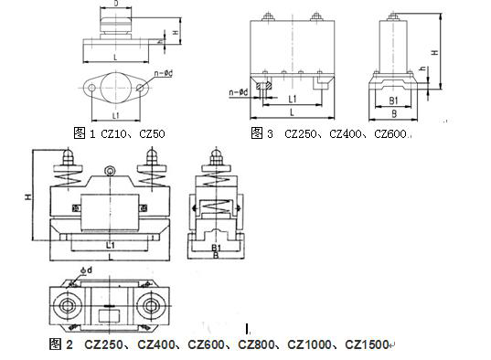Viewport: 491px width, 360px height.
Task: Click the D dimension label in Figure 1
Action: tap(116, 4)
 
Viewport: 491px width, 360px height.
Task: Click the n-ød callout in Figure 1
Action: tap(164, 74)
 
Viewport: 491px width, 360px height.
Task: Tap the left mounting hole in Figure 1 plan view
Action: tap(91, 88)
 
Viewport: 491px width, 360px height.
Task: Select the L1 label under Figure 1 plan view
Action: tap(116, 115)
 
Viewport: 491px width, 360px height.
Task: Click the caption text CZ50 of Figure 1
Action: tap(152, 134)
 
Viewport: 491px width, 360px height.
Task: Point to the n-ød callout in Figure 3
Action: tap(239, 92)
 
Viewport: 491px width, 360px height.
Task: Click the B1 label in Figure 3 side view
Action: tap(393, 101)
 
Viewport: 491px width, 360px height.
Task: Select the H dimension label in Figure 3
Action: tap(435, 53)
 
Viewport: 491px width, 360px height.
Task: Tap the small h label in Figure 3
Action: tap(423, 69)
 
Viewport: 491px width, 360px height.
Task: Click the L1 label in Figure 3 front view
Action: tap(293, 100)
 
